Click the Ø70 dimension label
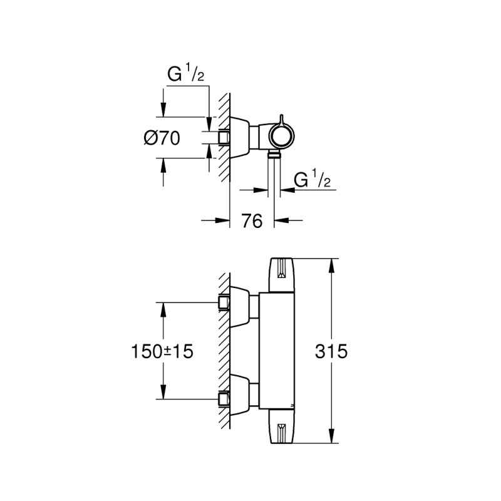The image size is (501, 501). click(x=162, y=138)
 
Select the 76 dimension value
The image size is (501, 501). click(x=252, y=221)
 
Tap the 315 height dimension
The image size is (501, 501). click(x=331, y=351)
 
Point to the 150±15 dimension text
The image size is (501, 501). click(x=162, y=351)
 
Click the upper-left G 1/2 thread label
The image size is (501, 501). click(x=185, y=73)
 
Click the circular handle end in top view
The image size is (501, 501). click(x=281, y=136)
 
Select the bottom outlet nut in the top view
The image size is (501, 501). click(x=274, y=155)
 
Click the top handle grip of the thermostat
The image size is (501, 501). click(x=281, y=275)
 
